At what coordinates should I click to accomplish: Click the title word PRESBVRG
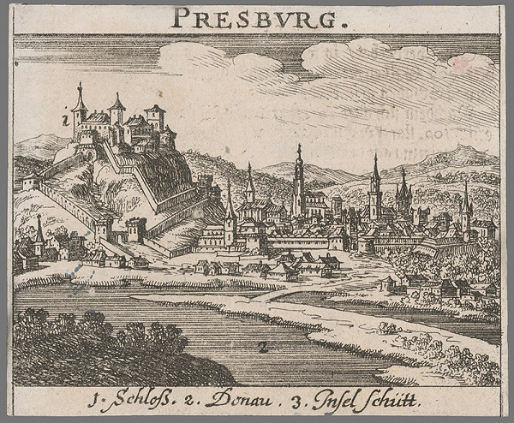pos(256,17)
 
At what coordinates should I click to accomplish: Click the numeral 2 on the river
pos(261,346)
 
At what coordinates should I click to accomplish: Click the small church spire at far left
pos(39,231)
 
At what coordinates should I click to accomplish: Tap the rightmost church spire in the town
pos(466,206)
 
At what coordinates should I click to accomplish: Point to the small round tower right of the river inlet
pos(390,283)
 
